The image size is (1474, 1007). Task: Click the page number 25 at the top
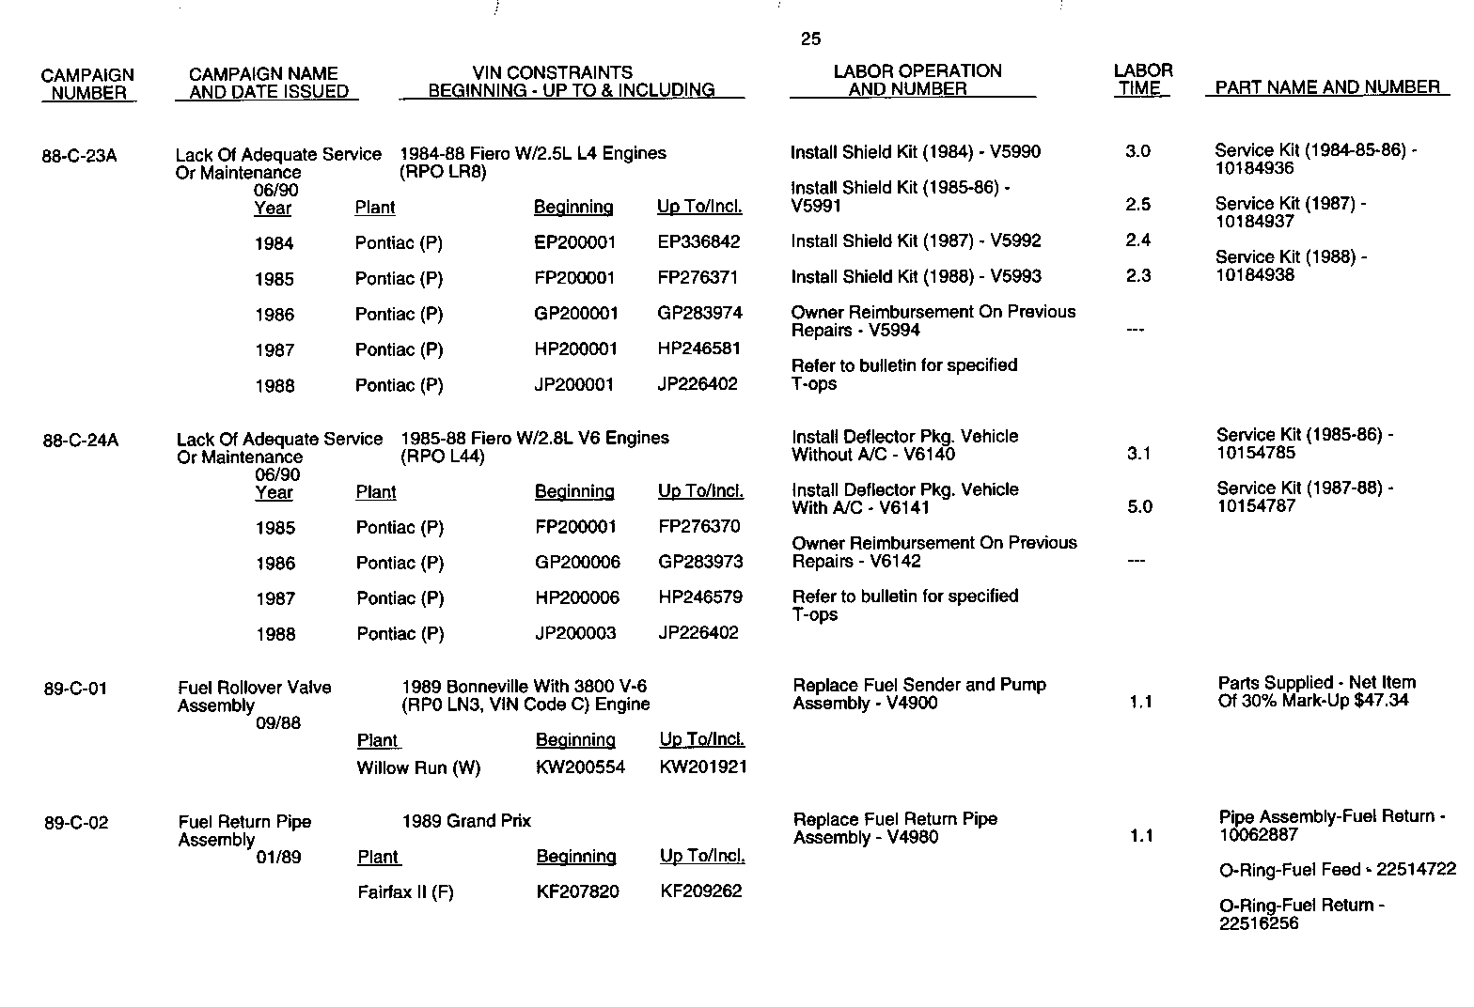click(810, 39)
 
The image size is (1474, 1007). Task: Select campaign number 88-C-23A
click(79, 156)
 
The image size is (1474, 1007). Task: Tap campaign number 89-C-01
click(75, 689)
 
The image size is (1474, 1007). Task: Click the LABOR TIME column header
click(1142, 80)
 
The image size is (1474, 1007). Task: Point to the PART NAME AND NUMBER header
click(1327, 87)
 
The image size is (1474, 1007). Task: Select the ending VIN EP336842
click(698, 242)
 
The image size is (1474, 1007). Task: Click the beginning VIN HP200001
click(575, 349)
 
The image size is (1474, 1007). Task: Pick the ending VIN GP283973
click(700, 562)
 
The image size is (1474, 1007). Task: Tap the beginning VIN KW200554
click(580, 767)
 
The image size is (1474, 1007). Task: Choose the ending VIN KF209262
click(701, 891)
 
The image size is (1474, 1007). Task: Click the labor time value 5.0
click(1139, 507)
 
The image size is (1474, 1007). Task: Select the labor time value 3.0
click(1137, 151)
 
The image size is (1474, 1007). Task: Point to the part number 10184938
click(1254, 275)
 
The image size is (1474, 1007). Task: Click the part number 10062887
click(1258, 835)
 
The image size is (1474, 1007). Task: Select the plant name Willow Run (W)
click(418, 768)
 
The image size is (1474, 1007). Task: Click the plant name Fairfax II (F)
click(405, 892)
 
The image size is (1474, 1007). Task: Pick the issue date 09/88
click(278, 723)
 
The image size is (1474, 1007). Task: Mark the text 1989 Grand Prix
click(466, 821)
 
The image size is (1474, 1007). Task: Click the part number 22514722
click(1416, 870)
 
